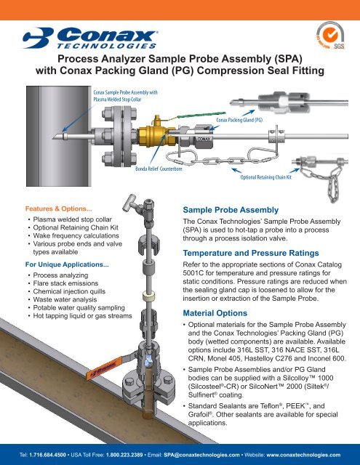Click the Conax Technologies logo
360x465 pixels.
(x=90, y=38)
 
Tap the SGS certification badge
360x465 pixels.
(x=330, y=36)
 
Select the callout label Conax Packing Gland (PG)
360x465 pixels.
(x=239, y=120)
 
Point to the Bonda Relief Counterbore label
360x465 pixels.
(x=159, y=169)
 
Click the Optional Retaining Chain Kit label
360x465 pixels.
(x=266, y=177)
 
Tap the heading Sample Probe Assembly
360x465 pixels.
(x=231, y=210)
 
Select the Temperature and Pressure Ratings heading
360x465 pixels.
(x=251, y=253)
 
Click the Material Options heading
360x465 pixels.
(x=215, y=313)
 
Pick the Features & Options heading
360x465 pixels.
(x=58, y=209)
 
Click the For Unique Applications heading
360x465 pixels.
(x=67, y=264)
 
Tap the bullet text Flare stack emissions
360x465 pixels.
(x=65, y=283)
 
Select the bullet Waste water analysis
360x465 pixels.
(x=65, y=299)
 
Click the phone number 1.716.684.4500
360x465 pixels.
(x=47, y=455)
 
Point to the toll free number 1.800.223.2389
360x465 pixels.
(x=124, y=455)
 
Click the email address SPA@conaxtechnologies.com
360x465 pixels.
(x=201, y=455)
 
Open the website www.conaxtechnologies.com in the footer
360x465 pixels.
(x=303, y=455)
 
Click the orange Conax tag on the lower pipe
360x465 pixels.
(x=104, y=368)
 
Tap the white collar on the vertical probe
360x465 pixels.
(x=149, y=296)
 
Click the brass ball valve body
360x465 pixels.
(x=156, y=136)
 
